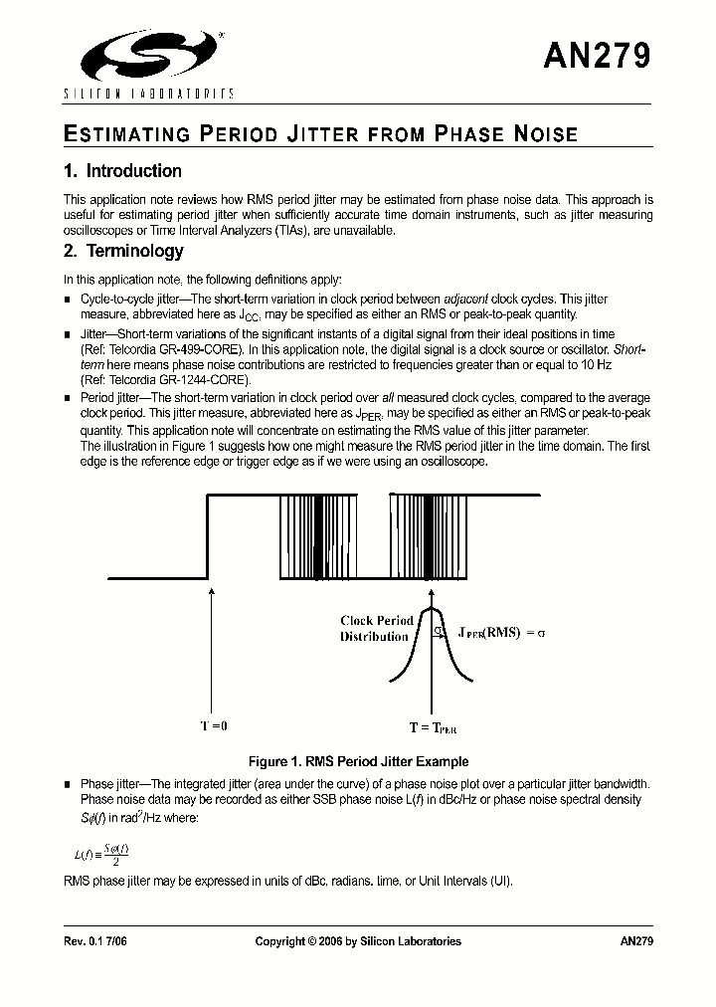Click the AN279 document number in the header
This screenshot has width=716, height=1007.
[x=597, y=56]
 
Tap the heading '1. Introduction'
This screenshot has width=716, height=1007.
[x=122, y=171]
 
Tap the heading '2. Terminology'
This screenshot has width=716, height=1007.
[x=123, y=252]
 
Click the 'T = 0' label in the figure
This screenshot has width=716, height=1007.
[x=212, y=725]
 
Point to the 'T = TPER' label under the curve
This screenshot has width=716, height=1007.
[x=433, y=727]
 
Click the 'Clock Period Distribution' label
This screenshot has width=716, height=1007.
[x=376, y=628]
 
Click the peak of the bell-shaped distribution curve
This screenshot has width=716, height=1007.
[x=431, y=609]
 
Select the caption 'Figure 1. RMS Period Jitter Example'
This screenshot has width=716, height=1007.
[x=358, y=761]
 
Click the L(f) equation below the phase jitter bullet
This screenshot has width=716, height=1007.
[x=101, y=853]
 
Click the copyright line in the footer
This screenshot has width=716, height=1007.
[x=358, y=941]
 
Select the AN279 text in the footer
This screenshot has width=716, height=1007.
[x=635, y=941]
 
